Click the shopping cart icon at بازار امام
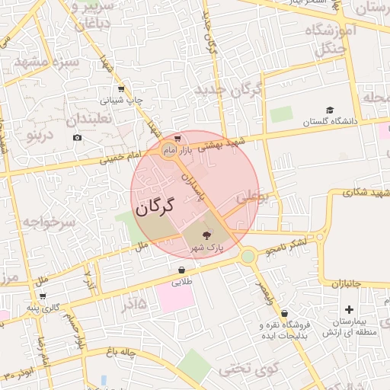point(177,139)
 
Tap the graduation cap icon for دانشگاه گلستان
point(330,110)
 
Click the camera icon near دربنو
point(77,137)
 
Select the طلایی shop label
point(181,282)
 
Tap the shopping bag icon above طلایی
point(181,270)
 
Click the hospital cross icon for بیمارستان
point(349,309)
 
